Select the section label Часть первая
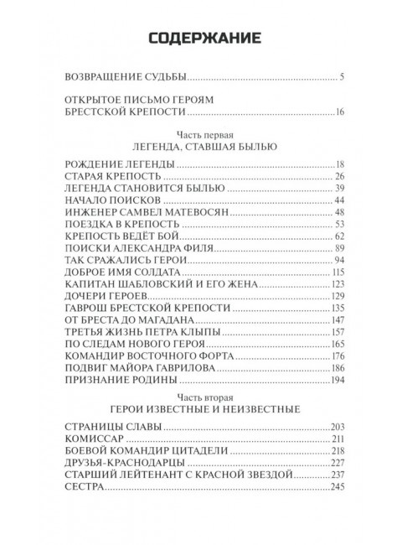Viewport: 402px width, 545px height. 201,134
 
